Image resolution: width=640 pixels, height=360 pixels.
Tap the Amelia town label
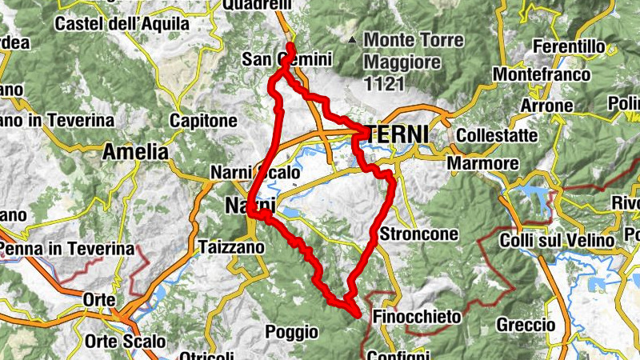(x=135, y=151)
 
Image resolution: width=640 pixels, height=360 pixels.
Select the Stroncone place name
(x=419, y=234)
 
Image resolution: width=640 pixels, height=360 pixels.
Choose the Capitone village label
(x=203, y=121)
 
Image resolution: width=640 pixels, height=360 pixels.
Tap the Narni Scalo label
(x=255, y=172)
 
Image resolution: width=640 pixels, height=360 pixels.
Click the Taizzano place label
(x=230, y=248)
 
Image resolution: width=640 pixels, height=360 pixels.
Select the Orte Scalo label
(x=127, y=342)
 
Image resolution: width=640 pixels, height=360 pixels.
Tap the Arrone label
(x=546, y=106)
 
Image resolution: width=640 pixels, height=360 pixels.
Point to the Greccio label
(x=526, y=326)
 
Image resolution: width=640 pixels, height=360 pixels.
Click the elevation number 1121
(x=382, y=82)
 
